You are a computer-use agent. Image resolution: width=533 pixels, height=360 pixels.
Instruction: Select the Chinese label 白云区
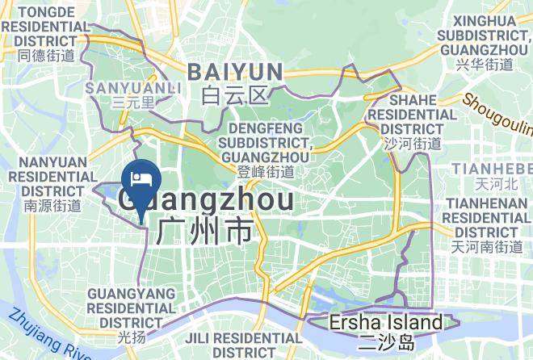coord(234,97)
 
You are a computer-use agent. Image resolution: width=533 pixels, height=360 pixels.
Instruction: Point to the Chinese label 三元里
coord(133,103)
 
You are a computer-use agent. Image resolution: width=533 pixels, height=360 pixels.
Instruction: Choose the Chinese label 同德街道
coord(45,56)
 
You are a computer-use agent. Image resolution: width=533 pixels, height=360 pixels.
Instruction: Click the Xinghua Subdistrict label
coord(484,34)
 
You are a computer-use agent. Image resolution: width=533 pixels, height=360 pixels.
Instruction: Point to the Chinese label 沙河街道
coord(413,144)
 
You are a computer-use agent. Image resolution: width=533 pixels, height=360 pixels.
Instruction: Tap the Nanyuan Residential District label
coord(52,176)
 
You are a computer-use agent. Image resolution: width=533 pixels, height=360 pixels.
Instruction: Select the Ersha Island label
coord(386,323)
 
